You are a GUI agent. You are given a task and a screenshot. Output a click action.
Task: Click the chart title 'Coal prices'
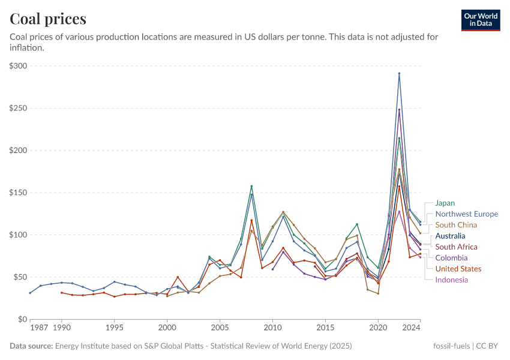(48, 19)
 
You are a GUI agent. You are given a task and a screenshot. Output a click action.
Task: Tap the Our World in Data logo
(481, 20)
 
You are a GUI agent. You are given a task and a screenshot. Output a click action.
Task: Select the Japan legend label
(445, 203)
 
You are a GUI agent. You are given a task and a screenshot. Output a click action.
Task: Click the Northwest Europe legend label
(466, 214)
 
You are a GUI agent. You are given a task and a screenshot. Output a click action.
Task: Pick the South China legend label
(457, 225)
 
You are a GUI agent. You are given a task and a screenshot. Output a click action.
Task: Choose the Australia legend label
(450, 236)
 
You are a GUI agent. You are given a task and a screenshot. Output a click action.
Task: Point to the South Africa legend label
(456, 247)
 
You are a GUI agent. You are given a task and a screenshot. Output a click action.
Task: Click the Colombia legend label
(451, 258)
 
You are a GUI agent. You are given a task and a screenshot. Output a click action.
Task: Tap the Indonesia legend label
(451, 280)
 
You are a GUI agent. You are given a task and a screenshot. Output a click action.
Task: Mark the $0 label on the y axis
(22, 319)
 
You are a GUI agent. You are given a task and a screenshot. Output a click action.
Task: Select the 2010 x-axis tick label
(272, 328)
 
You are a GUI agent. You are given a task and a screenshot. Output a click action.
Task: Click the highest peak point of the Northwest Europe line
(399, 73)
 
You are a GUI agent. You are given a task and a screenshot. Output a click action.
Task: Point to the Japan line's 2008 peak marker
(251, 186)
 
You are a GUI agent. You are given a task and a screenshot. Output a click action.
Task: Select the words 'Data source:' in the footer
(31, 346)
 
